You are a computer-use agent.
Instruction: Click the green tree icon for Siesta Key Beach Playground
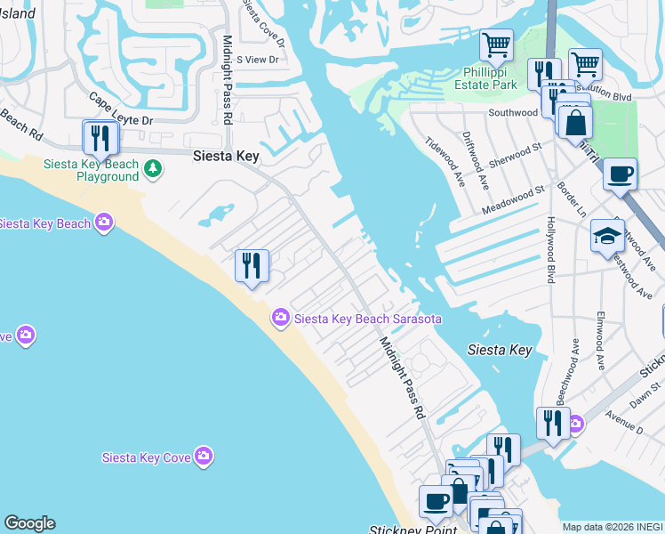coord(153,167)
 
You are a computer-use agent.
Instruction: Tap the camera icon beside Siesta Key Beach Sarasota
coord(281,318)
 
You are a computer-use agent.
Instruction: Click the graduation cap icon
coord(607,236)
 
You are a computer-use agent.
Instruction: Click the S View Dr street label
coord(257,60)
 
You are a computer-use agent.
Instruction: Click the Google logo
coord(29,523)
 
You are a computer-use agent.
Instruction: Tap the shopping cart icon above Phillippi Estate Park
coord(496,44)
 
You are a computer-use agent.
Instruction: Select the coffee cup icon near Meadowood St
coord(620,174)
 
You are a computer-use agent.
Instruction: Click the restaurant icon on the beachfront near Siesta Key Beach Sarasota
coord(252,265)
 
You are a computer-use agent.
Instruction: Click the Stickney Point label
coord(413,529)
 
